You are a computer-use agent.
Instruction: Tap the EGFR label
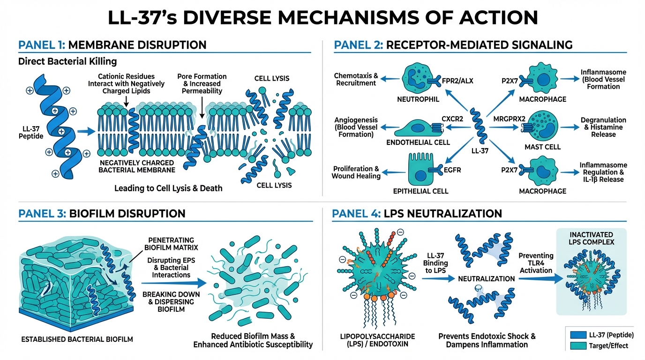pos(452,170)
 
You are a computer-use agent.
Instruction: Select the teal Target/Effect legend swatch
pos(578,346)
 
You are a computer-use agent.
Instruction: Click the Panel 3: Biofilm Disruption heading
pos(102,214)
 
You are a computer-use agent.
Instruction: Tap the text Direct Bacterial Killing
pos(67,61)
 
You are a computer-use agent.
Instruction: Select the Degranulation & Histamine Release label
pos(603,127)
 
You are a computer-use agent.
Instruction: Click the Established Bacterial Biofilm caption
pos(71,339)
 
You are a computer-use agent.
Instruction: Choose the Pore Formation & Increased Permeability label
pos(202,83)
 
